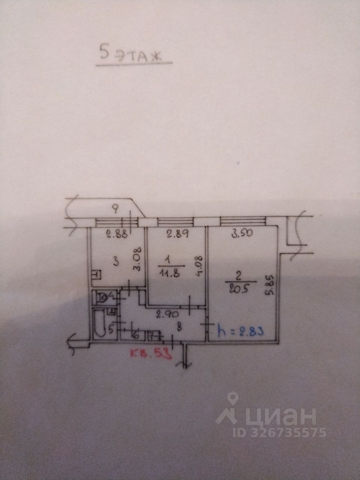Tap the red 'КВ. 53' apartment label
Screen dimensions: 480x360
click(150, 354)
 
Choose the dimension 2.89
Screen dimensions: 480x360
click(177, 232)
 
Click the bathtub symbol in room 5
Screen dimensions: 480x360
click(98, 324)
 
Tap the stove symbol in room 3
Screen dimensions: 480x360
click(96, 275)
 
